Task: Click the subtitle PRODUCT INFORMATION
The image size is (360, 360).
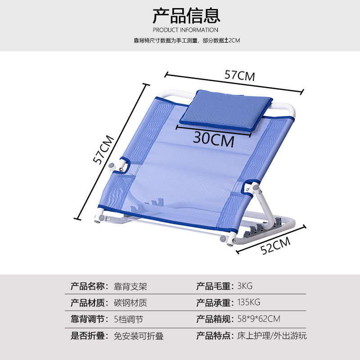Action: coord(185,30)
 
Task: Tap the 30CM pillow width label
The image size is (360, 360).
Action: coord(214,139)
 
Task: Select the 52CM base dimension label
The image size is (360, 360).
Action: coord(276,246)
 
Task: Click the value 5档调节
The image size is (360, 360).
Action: coord(128,319)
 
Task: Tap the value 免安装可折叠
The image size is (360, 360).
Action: coord(139,336)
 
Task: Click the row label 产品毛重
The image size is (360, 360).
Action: coord(213,286)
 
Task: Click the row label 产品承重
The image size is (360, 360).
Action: coord(213,302)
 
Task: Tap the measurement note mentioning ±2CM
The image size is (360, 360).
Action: coord(186,40)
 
